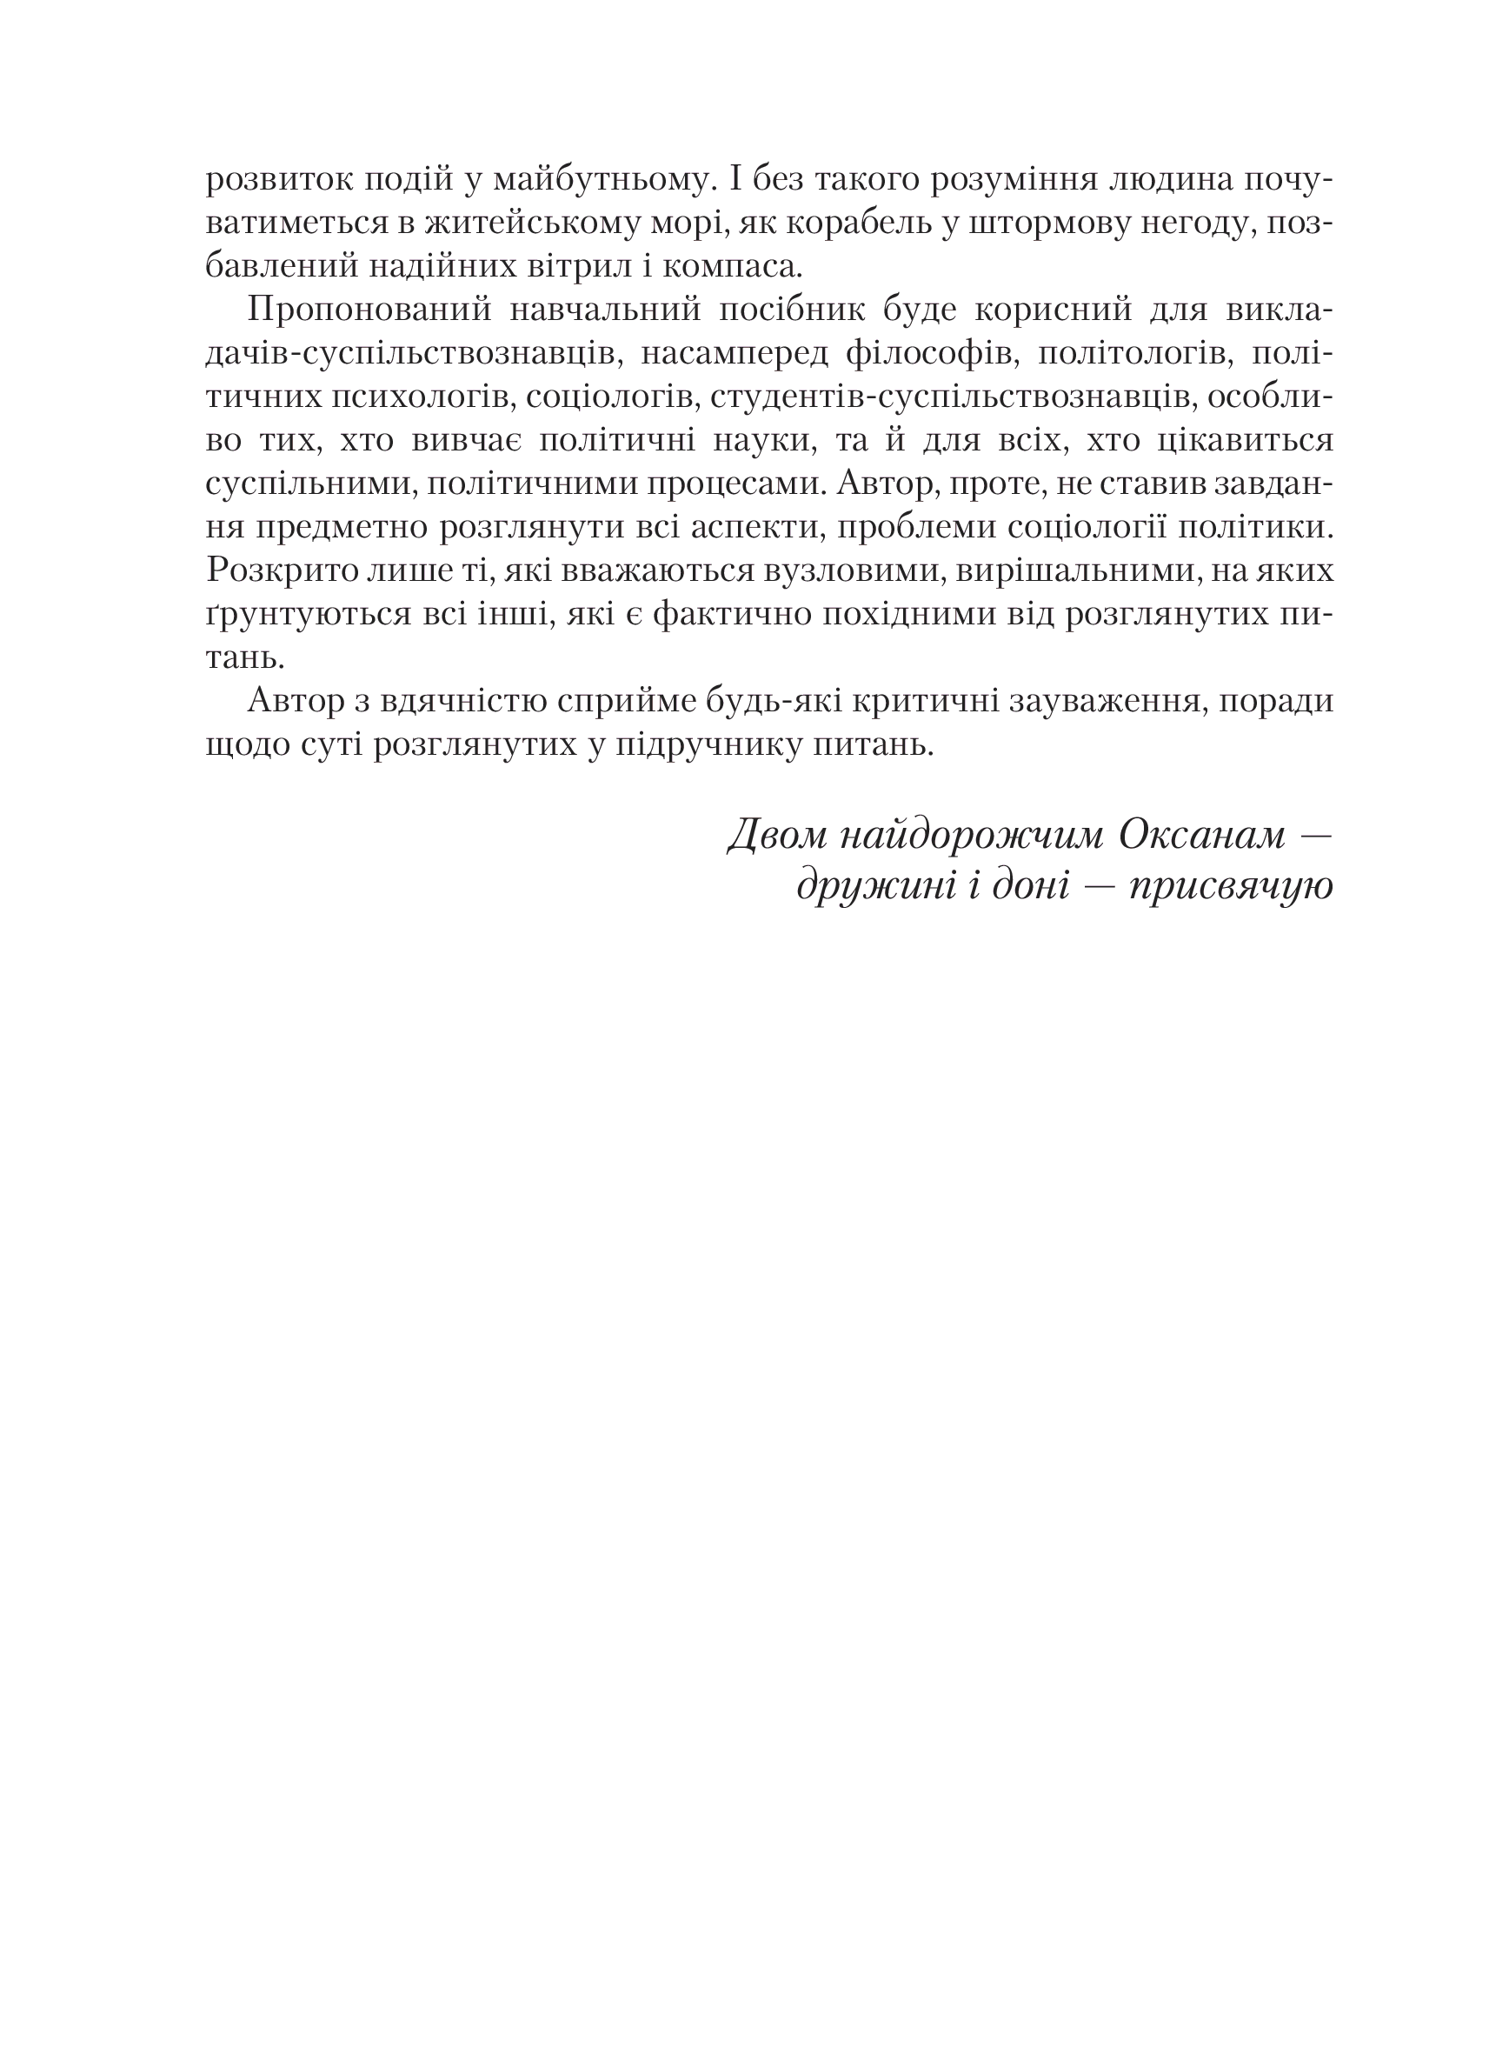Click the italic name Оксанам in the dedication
pos(1201,835)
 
